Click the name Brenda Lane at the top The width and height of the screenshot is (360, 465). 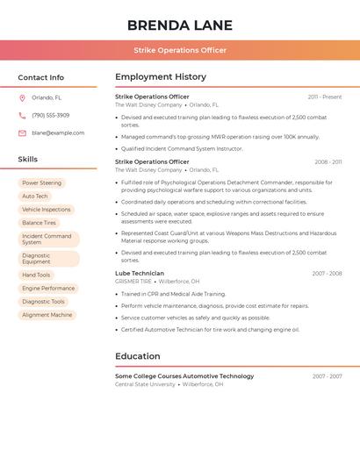[x=180, y=25]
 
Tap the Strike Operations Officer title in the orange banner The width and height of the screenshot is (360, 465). [x=180, y=50]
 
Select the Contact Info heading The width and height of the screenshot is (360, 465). [x=41, y=77]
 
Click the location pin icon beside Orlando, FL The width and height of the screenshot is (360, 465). [x=22, y=98]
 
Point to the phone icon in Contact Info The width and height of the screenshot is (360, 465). [x=22, y=115]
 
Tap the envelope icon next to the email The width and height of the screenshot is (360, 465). [x=22, y=133]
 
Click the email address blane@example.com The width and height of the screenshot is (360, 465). [x=58, y=133]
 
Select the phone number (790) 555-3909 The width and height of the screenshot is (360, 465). [x=50, y=115]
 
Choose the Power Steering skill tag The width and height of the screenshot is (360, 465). [x=41, y=182]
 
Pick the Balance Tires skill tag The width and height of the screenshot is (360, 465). [x=39, y=223]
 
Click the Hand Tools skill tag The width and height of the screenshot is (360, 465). [x=36, y=275]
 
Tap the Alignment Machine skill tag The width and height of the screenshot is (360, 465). [x=47, y=314]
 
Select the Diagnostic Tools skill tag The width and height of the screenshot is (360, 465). [x=43, y=301]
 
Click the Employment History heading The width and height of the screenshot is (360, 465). [x=161, y=77]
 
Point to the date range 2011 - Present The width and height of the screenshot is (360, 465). [x=325, y=97]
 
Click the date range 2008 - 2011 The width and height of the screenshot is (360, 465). [x=328, y=162]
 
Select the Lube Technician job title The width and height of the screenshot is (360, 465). [x=140, y=274]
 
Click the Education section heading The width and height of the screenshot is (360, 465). [x=138, y=356]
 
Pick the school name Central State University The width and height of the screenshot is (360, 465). [x=145, y=384]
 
